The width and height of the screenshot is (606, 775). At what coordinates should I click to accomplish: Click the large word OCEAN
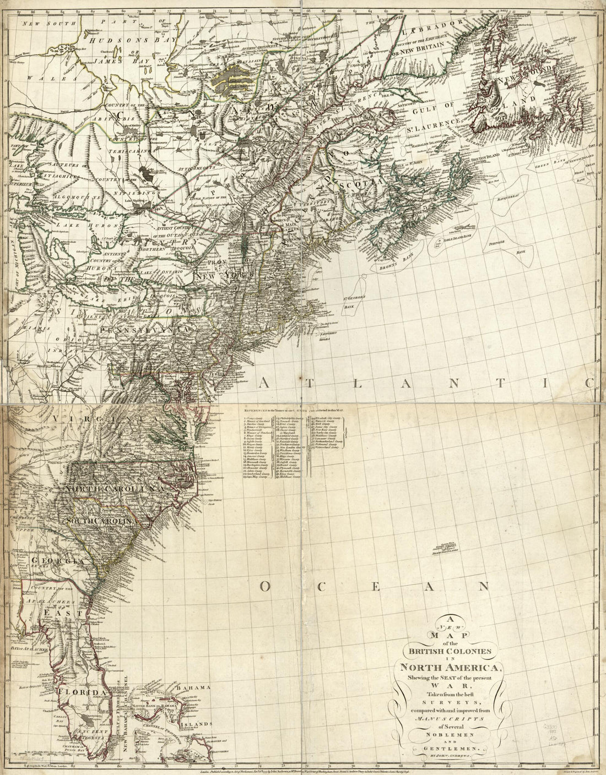(x=375, y=587)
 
